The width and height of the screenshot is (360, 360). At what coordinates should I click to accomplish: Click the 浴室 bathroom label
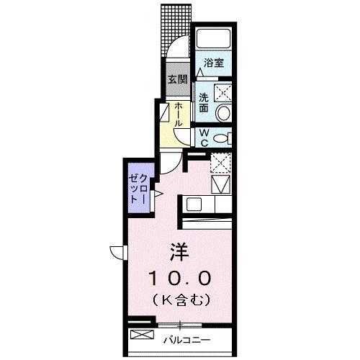tap(214, 63)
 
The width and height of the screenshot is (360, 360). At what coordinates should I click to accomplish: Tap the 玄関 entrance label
tap(177, 80)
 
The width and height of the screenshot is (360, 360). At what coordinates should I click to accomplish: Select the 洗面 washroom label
tap(204, 102)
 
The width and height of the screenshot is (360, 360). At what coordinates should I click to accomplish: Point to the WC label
tap(204, 137)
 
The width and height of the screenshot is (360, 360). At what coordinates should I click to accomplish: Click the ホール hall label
tap(177, 113)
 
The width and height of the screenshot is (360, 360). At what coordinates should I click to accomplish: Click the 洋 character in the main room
tap(179, 251)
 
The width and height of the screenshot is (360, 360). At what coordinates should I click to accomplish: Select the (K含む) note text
tap(180, 297)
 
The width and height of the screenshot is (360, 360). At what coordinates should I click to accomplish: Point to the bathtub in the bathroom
tap(213, 41)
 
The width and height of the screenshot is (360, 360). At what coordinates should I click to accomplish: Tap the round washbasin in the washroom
tap(223, 112)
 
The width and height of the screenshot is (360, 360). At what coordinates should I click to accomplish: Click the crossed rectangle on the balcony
tap(142, 335)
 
